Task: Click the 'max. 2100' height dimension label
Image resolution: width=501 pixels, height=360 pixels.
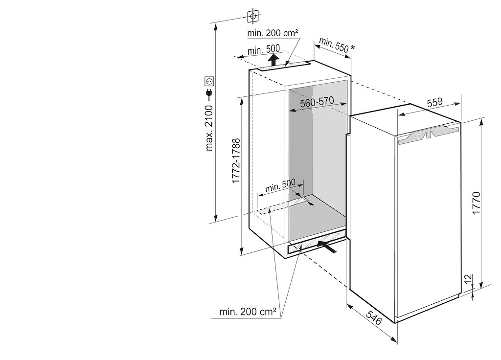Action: pos(209,127)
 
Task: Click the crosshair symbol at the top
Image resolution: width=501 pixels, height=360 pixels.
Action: pos(252,16)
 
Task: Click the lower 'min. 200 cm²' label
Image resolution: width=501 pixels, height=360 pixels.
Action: pos(248,311)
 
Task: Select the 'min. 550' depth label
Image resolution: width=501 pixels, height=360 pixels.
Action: pos(334,45)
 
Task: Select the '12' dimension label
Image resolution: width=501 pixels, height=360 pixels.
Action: pos(469,279)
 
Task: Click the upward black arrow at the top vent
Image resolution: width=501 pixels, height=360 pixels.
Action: pos(275,60)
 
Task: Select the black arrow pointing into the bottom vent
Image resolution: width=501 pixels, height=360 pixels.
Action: pos(327,246)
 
